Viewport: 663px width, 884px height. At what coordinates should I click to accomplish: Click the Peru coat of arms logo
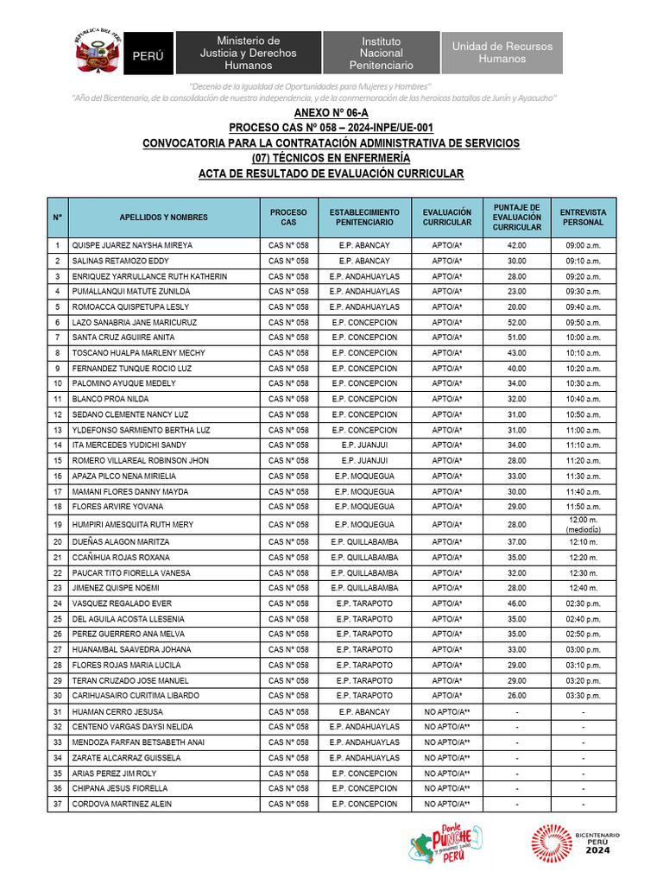(x=96, y=53)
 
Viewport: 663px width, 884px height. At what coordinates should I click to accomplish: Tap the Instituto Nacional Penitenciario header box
(x=381, y=53)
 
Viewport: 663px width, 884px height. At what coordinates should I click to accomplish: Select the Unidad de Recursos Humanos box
(x=502, y=53)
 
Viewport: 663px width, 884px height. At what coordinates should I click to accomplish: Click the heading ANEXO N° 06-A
(x=331, y=113)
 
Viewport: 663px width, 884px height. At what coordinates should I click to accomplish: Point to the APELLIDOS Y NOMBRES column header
(x=163, y=218)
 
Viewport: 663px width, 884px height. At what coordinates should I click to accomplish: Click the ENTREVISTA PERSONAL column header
(x=583, y=218)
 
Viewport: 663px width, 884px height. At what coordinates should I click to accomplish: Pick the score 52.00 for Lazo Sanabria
(x=516, y=322)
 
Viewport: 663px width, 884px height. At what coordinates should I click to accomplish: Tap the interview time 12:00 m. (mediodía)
(x=583, y=524)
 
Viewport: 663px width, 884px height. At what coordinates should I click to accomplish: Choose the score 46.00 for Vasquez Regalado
(x=516, y=603)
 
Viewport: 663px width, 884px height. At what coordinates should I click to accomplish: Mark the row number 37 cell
(x=57, y=804)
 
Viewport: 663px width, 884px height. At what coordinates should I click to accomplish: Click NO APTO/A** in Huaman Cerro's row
(x=446, y=712)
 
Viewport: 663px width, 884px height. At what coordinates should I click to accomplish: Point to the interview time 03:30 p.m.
(x=583, y=696)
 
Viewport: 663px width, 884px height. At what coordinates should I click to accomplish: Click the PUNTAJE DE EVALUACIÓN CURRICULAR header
(x=516, y=218)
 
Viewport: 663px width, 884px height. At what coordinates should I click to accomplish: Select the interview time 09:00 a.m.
(x=583, y=245)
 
